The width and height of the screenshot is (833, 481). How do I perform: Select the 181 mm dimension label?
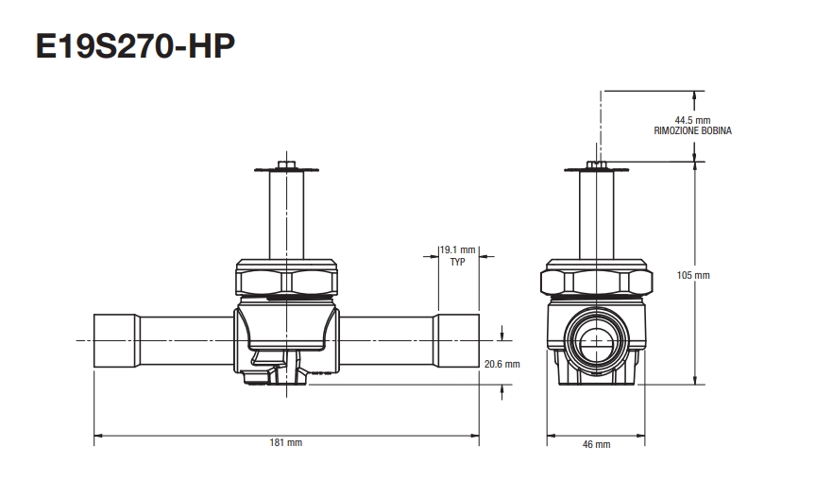(x=286, y=442)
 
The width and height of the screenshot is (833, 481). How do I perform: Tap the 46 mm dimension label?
(x=596, y=443)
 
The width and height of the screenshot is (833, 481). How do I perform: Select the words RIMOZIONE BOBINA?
(x=692, y=131)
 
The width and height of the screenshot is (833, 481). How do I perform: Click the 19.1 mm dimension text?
(x=458, y=251)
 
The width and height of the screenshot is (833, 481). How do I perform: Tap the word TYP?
(x=458, y=263)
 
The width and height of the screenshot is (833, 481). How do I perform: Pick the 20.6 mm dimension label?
(x=502, y=364)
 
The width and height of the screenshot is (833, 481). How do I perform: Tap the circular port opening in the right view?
(x=596, y=339)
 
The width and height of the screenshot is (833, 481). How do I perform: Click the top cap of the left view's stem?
(x=286, y=169)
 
